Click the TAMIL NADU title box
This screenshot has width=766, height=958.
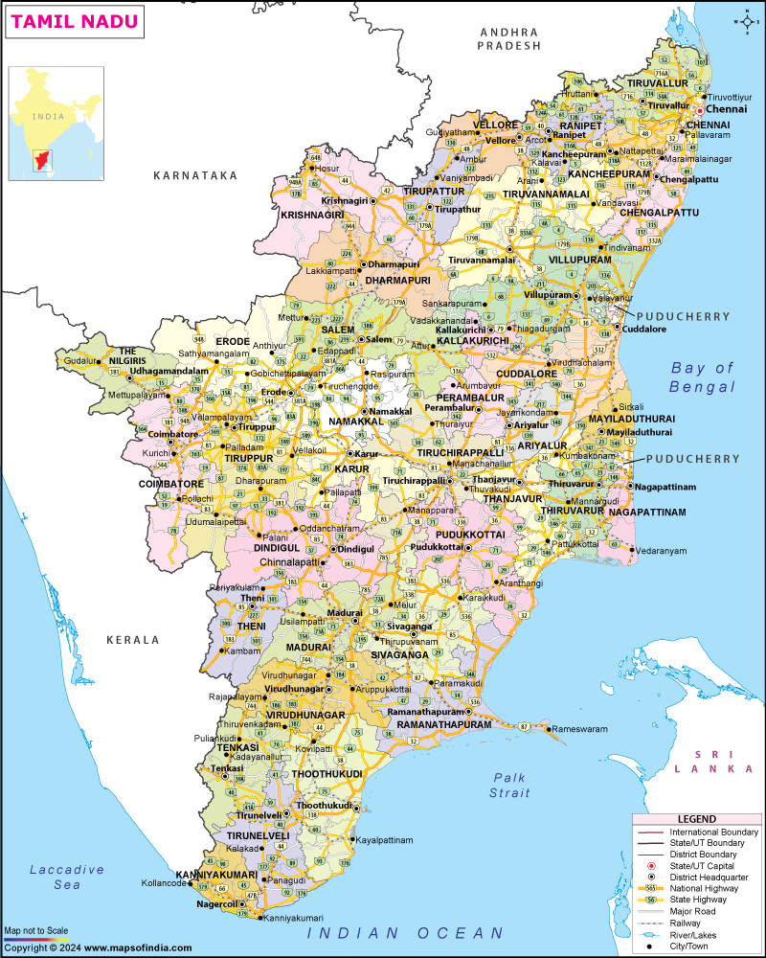(76, 21)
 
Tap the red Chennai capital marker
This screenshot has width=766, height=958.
(699, 111)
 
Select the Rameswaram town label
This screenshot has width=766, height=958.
(579, 729)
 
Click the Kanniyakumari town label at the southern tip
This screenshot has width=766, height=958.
(296, 918)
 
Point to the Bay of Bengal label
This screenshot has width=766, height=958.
(702, 377)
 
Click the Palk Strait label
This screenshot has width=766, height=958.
(510, 785)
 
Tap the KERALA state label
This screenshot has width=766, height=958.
(133, 639)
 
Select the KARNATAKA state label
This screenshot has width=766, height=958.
(194, 176)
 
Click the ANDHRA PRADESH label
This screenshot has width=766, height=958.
(510, 38)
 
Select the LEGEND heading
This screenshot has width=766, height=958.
(696, 819)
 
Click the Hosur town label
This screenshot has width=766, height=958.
(328, 168)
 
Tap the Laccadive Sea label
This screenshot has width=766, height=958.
(66, 877)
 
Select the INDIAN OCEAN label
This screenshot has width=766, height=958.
(405, 932)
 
